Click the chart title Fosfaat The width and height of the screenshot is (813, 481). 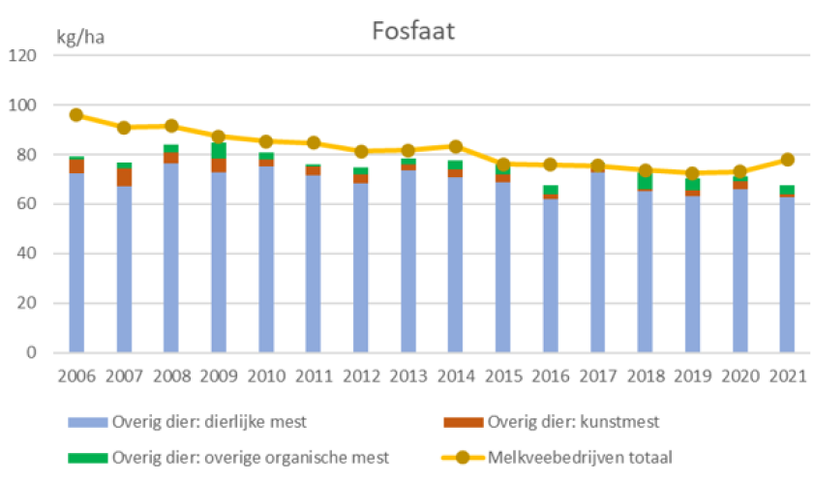[413, 30]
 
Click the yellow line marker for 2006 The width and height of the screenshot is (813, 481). [76, 115]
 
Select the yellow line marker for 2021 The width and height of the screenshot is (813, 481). [788, 160]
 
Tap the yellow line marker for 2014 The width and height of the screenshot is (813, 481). [456, 146]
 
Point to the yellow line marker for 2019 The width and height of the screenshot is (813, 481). [693, 173]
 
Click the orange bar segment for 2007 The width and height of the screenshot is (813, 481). [124, 177]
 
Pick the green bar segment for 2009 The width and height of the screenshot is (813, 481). [219, 151]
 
